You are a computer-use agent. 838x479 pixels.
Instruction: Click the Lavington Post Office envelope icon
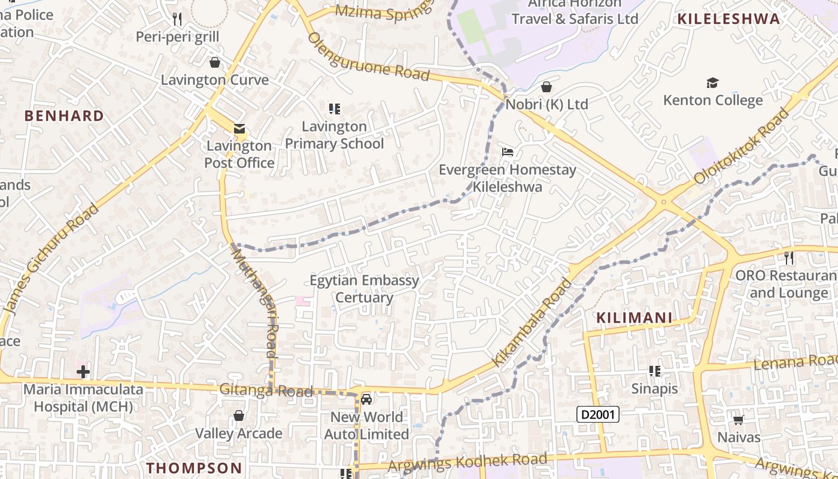click(x=239, y=129)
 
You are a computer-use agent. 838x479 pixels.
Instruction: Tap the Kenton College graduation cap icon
click(x=712, y=83)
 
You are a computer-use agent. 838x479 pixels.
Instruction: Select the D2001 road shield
click(x=597, y=414)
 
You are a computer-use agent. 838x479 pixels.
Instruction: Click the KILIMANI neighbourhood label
click(x=634, y=318)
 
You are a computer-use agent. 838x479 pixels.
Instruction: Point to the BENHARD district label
click(x=64, y=116)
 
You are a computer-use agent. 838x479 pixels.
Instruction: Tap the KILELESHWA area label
click(x=728, y=19)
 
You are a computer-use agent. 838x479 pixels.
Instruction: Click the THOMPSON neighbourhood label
click(x=195, y=468)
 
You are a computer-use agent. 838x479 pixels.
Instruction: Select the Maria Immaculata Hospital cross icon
click(x=83, y=372)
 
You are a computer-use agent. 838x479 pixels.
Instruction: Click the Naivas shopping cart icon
click(x=739, y=420)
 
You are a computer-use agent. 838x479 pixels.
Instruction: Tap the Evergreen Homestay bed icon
click(x=508, y=152)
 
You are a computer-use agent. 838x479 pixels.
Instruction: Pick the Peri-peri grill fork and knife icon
click(x=177, y=19)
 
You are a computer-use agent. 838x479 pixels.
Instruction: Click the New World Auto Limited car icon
click(x=366, y=399)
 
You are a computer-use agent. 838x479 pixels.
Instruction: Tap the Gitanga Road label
click(x=266, y=390)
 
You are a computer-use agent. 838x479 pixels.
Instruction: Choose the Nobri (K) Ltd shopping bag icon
click(x=546, y=87)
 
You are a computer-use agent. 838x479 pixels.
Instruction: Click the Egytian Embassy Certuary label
click(x=364, y=289)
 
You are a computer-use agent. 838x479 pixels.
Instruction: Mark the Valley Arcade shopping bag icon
click(x=238, y=416)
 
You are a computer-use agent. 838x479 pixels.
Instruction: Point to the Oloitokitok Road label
click(x=742, y=147)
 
